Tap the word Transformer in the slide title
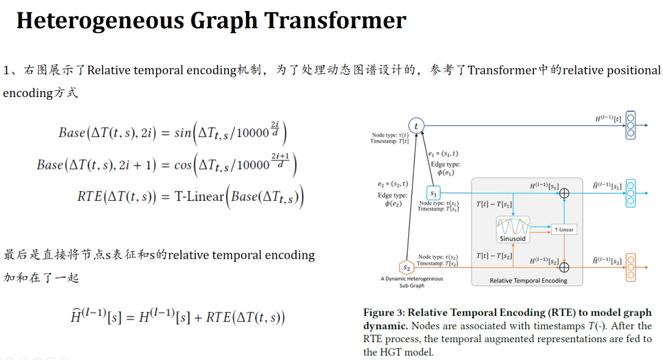coord(335,20)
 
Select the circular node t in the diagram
coord(417,126)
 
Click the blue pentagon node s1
coord(434,194)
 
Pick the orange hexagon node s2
coord(406,267)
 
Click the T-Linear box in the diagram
coord(564,229)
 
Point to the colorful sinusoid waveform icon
coord(513,225)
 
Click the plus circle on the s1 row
coord(564,193)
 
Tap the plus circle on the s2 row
coord(564,267)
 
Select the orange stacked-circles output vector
coord(630,267)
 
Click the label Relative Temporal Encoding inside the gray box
coord(528,281)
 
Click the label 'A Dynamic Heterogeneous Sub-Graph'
coord(411,282)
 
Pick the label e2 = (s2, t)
coord(393,184)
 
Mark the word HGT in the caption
coord(393,352)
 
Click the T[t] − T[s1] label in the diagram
coord(494,203)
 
